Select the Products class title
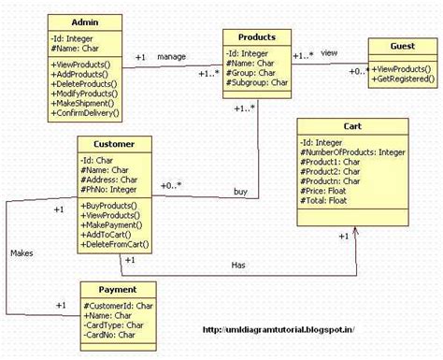257,36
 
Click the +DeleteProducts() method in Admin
87,82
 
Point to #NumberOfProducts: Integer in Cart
351,152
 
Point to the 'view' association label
328,53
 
